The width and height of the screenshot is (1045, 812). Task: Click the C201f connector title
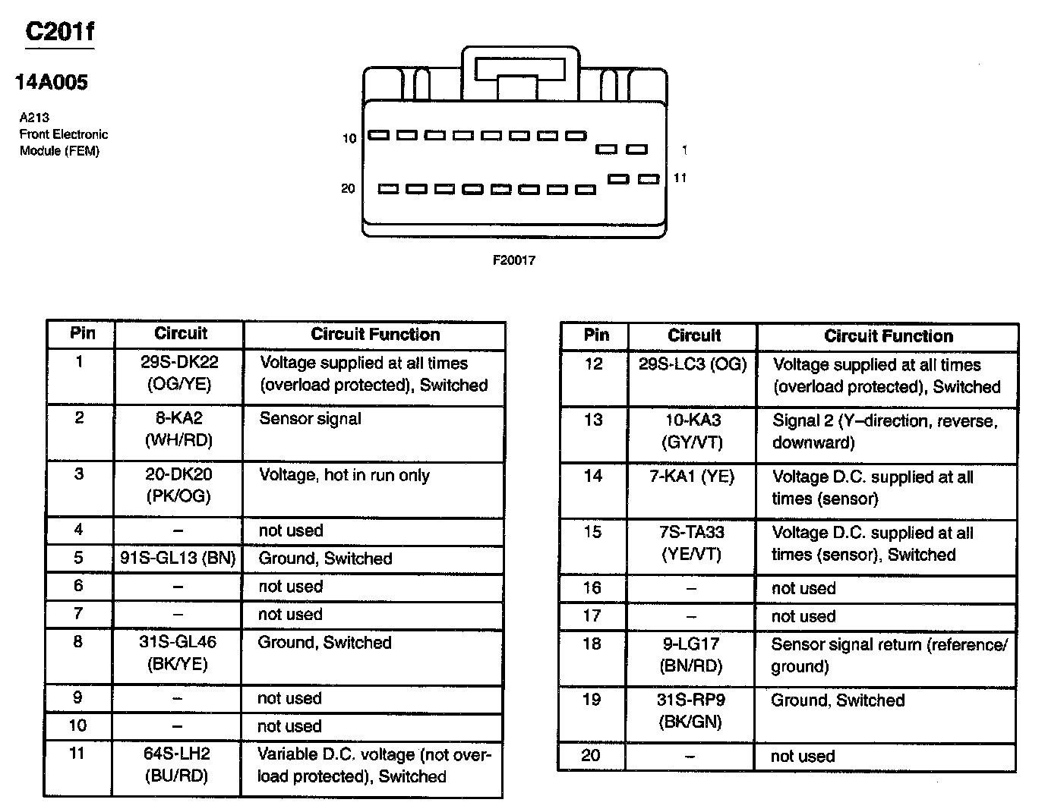pos(60,31)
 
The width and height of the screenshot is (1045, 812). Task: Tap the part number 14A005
pos(52,82)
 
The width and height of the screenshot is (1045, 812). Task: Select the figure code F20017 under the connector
pos(514,260)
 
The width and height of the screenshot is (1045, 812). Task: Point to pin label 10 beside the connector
pos(349,138)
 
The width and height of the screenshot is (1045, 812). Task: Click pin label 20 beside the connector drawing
pos(348,188)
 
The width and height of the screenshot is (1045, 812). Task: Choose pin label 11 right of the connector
pos(680,178)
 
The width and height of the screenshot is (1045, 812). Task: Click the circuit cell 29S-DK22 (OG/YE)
pos(179,373)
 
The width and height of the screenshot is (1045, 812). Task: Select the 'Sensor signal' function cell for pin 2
pos(310,419)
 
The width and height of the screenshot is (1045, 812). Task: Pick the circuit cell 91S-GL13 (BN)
pos(178,559)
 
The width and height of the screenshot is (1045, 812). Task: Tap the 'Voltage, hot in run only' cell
pos(344,476)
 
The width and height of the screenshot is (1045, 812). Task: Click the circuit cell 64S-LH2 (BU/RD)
pos(176,765)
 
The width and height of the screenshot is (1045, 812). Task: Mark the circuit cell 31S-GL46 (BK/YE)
pos(178,653)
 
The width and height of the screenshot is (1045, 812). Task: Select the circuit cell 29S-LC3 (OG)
pos(693,364)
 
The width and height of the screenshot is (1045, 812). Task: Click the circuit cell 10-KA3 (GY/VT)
pos(692,431)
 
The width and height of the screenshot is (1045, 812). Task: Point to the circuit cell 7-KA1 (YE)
pos(692,477)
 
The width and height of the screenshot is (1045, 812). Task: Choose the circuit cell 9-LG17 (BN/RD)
pos(690,655)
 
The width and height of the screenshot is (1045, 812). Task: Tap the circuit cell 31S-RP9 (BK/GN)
pos(690,710)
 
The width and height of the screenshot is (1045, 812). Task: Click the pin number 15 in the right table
pos(593,532)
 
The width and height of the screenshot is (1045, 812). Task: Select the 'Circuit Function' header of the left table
pos(375,335)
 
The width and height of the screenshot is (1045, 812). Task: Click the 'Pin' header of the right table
pos(596,335)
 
